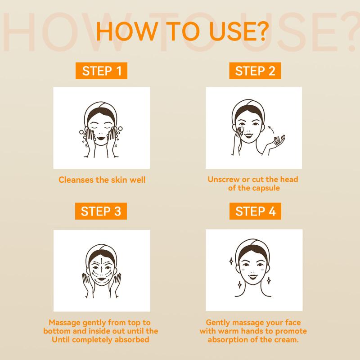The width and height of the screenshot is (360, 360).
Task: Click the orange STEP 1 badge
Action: (101, 71)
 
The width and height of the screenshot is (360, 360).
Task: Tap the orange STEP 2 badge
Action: (255, 71)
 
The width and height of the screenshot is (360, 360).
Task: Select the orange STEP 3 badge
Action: (101, 211)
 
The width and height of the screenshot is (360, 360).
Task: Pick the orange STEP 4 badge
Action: (255, 211)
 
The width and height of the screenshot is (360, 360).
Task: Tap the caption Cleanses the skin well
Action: (102, 180)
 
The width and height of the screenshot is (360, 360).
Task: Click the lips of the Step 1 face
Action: (101, 139)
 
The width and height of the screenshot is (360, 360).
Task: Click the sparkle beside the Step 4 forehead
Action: (231, 261)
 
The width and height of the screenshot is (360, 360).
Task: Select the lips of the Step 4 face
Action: (253, 276)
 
